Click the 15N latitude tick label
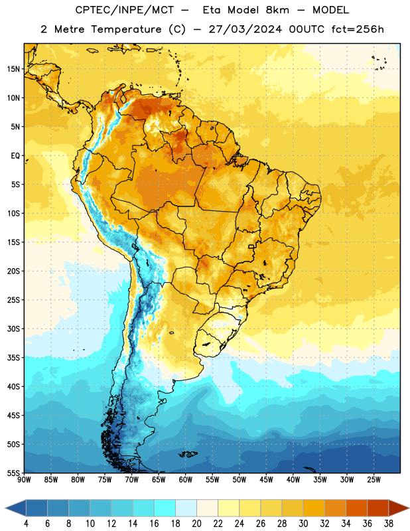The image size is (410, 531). (x=13, y=69)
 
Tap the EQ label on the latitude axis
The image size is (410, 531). (x=15, y=156)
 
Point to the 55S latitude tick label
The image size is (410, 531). (x=13, y=473)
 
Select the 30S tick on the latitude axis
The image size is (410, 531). (x=13, y=329)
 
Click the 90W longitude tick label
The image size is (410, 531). (x=25, y=480)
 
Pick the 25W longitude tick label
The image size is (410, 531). (x=374, y=480)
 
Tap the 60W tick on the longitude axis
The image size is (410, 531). (x=186, y=480)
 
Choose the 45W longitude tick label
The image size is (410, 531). (x=267, y=480)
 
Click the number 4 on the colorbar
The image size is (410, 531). (x=26, y=524)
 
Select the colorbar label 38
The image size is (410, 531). (x=389, y=524)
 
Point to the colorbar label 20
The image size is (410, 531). (x=196, y=524)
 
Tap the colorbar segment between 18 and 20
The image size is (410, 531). (x=186, y=508)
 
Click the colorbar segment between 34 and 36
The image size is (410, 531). (x=356, y=508)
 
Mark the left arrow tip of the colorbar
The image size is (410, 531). (x=5, y=508)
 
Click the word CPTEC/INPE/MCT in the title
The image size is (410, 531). (x=124, y=10)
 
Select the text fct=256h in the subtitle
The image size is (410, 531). (x=358, y=29)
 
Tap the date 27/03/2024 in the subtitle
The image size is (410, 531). (x=245, y=29)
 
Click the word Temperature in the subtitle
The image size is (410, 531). (x=126, y=29)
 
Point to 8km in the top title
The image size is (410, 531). (x=277, y=10)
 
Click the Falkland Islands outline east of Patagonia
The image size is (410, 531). (x=188, y=454)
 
